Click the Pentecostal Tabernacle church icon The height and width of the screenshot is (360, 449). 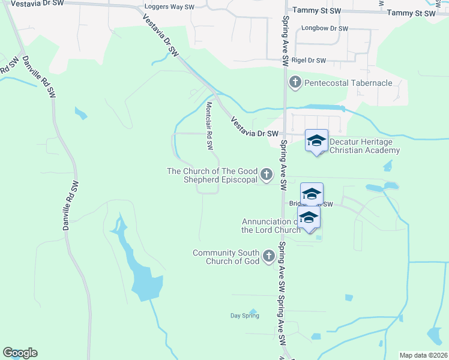tap(295, 82)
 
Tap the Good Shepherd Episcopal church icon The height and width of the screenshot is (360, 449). tap(266, 175)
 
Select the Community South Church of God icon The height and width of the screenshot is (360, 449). tap(268, 257)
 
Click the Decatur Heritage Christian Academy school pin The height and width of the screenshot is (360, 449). tap(316, 142)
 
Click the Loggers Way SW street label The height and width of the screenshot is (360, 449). tap(170, 8)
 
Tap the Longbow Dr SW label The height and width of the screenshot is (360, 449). tap(325, 28)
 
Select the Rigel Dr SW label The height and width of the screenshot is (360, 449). tap(308, 61)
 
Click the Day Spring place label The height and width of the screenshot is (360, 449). tap(245, 316)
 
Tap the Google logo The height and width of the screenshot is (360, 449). tap(20, 353)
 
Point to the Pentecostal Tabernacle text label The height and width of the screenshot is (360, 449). tap(348, 83)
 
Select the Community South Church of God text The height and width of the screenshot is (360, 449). tap(226, 257)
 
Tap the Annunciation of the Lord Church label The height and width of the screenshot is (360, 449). tap(271, 226)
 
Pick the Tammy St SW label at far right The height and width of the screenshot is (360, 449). tap(411, 13)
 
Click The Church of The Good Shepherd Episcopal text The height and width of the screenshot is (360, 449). tap(212, 175)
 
